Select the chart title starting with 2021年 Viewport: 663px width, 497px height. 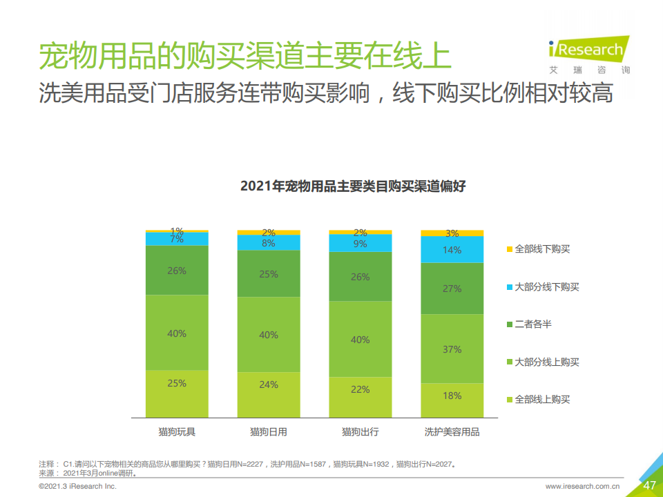[353, 186]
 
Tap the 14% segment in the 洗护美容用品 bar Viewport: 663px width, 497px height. [452, 250]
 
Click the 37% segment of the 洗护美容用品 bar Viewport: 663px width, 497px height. [452, 349]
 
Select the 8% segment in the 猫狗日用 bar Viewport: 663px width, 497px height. [269, 243]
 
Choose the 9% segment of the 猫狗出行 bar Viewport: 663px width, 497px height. [360, 244]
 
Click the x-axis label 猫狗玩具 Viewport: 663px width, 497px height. [177, 432]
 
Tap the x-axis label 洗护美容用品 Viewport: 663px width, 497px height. [452, 432]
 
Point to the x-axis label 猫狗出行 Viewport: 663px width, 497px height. [360, 432]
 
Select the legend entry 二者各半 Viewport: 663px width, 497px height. [532, 324]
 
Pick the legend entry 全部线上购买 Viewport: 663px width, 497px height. [542, 400]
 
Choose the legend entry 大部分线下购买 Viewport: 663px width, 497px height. [546, 286]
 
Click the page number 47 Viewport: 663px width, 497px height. [649, 485]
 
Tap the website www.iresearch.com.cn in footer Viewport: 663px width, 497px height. [583, 486]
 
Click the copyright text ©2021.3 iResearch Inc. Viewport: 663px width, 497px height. [78, 486]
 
